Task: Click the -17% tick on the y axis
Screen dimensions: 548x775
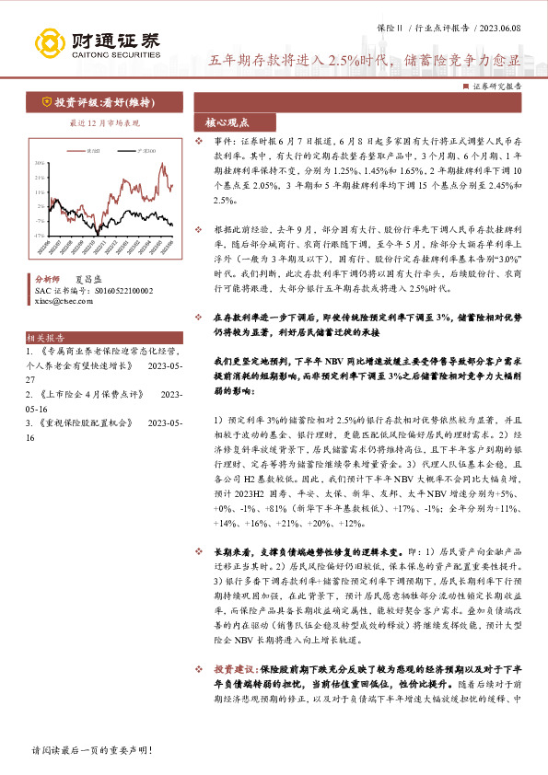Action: (x=39, y=236)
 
